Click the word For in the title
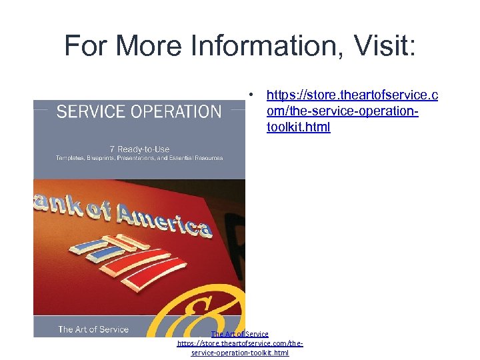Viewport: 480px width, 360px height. [87, 45]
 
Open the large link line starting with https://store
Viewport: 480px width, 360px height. [352, 96]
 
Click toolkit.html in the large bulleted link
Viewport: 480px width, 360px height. [298, 127]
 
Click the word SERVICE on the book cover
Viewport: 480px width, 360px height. [90, 112]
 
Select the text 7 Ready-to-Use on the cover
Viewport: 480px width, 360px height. [139, 149]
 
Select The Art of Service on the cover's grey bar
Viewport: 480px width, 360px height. [93, 329]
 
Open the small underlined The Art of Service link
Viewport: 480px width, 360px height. [239, 334]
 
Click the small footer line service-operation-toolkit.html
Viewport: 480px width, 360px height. [240, 353]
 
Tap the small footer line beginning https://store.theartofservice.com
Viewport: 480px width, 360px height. [240, 343]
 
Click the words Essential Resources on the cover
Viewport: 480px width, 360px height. [193, 158]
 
